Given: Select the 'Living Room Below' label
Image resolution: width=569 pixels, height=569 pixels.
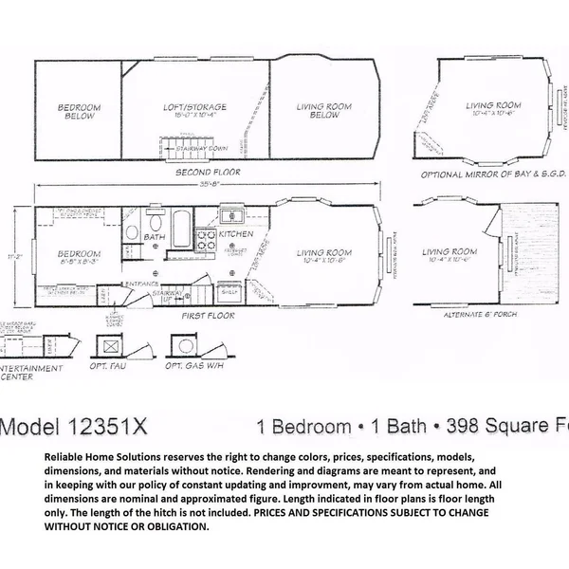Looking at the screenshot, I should (318, 111).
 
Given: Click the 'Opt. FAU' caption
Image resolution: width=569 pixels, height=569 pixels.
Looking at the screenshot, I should (113, 365).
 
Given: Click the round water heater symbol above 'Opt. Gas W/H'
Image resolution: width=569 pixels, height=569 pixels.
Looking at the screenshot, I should (180, 345).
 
